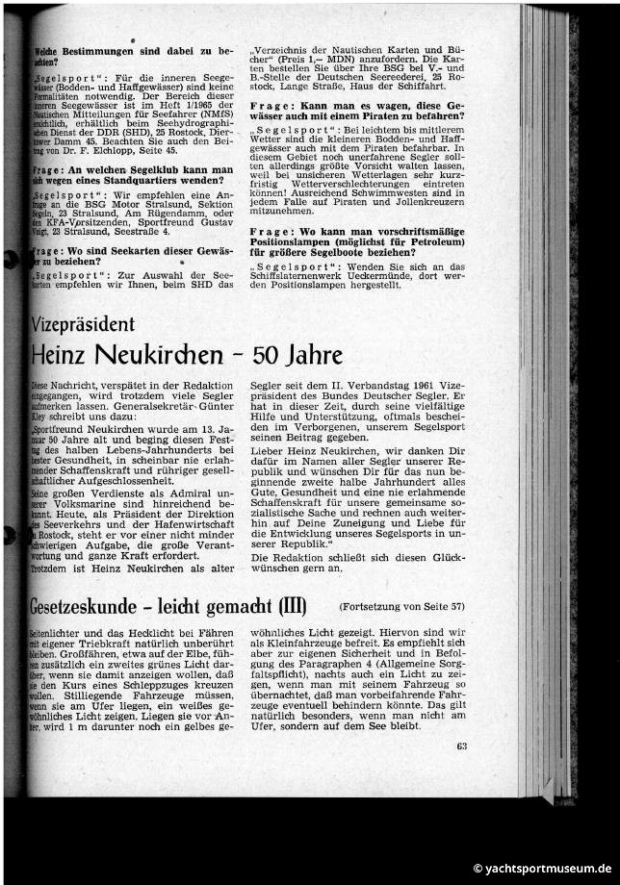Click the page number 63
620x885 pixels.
[x=462, y=746]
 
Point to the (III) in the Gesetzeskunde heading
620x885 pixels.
[x=292, y=607]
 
